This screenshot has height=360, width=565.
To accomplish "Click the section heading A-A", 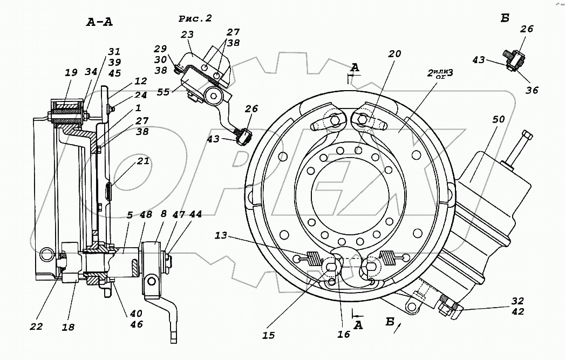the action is [x=99, y=22].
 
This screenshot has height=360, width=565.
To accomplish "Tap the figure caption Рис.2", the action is [x=195, y=18].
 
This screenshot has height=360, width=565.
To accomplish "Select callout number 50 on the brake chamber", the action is [x=498, y=119].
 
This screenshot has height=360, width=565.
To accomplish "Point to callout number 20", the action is [x=394, y=53].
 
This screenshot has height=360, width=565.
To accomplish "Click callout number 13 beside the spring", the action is [x=221, y=235].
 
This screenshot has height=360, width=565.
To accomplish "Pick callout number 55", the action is [x=163, y=92].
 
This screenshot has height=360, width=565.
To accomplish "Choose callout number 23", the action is [x=187, y=34].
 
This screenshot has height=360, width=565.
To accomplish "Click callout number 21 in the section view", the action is [x=143, y=161].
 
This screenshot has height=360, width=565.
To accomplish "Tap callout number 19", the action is [x=71, y=72].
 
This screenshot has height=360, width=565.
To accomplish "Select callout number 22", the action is [x=36, y=327].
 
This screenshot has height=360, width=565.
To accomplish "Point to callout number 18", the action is [x=68, y=327].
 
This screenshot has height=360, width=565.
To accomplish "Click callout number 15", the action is [x=268, y=335].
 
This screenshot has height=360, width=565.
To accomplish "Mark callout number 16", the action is [x=344, y=335].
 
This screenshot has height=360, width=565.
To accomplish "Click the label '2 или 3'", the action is [x=440, y=73].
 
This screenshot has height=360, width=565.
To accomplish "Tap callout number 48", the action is [x=146, y=214].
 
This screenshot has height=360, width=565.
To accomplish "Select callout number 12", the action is [x=140, y=81].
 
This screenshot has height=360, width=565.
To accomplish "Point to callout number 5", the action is [x=130, y=215].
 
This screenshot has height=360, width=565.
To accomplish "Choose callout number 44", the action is [x=195, y=214].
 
